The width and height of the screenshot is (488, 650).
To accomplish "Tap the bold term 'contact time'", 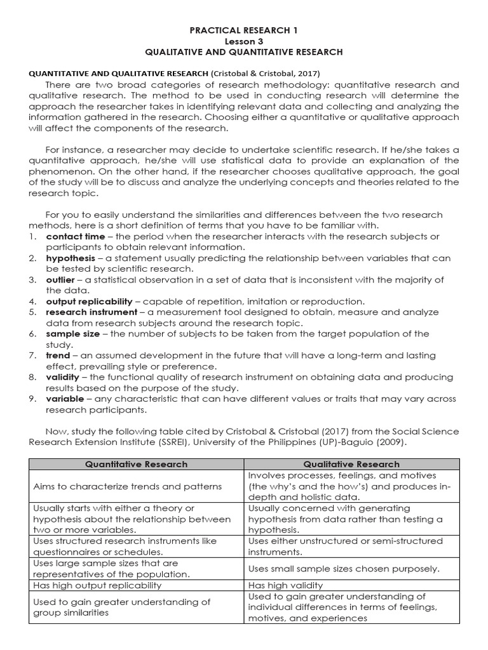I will click(x=72, y=236).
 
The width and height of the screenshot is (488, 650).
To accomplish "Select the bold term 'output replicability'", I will click(x=89, y=302).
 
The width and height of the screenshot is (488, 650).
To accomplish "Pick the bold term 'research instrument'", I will click(x=91, y=312).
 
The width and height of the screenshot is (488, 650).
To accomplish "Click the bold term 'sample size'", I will click(x=71, y=334).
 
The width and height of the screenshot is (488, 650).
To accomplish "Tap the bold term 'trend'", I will click(x=58, y=355).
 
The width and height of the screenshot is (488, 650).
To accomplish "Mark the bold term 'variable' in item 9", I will click(x=64, y=399).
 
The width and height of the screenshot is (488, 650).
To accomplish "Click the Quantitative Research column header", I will click(x=137, y=464).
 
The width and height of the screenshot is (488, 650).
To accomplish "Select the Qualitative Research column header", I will click(x=351, y=464).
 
